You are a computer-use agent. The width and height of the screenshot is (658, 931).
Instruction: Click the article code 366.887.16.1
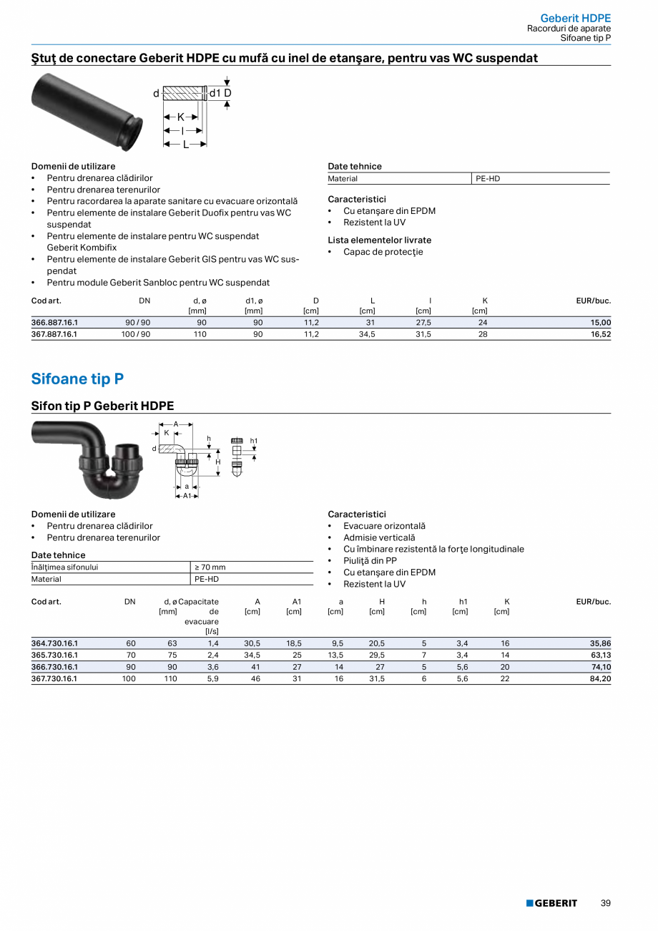(54, 323)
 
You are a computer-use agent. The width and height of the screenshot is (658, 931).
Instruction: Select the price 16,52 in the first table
(601, 334)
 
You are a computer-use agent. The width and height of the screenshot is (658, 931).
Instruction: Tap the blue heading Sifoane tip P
(77, 379)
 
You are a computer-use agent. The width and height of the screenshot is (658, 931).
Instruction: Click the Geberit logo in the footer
(551, 903)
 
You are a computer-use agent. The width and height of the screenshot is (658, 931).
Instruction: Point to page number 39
(606, 903)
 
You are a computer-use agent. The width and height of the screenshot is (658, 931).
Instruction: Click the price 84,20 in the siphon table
(600, 678)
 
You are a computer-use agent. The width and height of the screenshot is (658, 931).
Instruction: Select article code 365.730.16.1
(54, 655)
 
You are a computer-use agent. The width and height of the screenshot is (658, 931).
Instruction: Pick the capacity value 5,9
(213, 678)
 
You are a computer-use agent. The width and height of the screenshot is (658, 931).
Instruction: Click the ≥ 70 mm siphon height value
(210, 567)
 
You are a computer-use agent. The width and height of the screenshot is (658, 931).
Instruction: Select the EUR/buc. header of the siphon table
(594, 602)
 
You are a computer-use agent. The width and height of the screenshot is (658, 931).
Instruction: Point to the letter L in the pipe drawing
(185, 144)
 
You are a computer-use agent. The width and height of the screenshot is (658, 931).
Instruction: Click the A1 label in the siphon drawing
(187, 495)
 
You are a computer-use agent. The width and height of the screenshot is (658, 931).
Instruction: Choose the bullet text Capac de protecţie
(383, 252)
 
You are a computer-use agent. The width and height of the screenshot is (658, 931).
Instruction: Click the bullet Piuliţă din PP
(370, 561)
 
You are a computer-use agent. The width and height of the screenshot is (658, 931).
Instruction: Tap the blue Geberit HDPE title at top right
(575, 18)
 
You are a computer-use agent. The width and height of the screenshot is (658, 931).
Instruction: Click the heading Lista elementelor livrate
(379, 240)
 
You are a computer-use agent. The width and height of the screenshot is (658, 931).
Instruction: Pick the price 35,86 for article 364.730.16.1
(600, 643)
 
